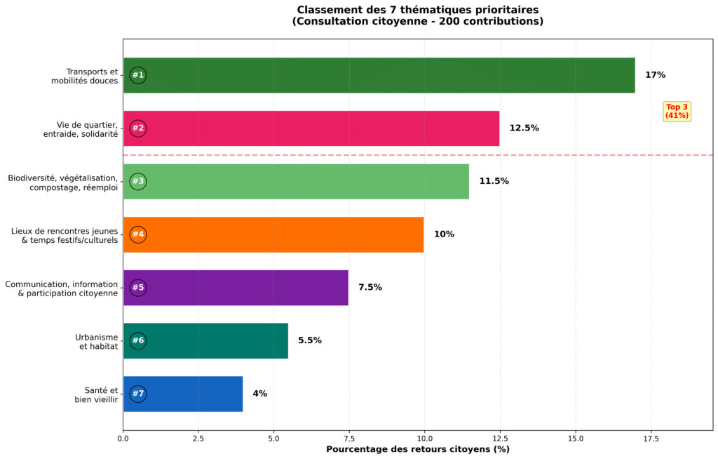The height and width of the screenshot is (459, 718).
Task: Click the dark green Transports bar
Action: (379, 75)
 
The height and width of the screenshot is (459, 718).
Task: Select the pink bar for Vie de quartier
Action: (311, 128)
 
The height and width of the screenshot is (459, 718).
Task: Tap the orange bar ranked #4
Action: (273, 234)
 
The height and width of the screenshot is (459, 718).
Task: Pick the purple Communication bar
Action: (236, 288)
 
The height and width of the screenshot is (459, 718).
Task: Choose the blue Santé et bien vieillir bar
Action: (183, 394)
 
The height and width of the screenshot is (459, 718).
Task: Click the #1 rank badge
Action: (138, 75)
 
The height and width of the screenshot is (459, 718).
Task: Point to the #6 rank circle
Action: (138, 340)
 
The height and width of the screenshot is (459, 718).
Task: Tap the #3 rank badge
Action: (138, 181)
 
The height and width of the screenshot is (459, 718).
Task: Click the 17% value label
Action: (655, 75)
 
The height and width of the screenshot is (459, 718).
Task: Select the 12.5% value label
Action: (524, 128)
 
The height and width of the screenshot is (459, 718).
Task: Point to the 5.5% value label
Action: (310, 340)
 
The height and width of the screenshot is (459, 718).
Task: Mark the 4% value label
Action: (259, 394)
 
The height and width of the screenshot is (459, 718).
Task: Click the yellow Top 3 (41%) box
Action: (677, 111)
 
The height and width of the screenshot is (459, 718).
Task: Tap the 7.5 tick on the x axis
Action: (349, 439)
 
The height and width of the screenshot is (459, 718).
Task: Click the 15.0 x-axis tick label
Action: (576, 439)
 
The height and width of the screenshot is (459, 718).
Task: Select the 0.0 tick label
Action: (123, 439)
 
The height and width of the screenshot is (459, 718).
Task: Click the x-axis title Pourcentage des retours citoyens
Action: (418, 449)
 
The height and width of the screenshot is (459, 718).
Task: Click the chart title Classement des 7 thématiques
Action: (418, 15)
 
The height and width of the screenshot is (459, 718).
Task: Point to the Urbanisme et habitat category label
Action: (96, 341)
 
